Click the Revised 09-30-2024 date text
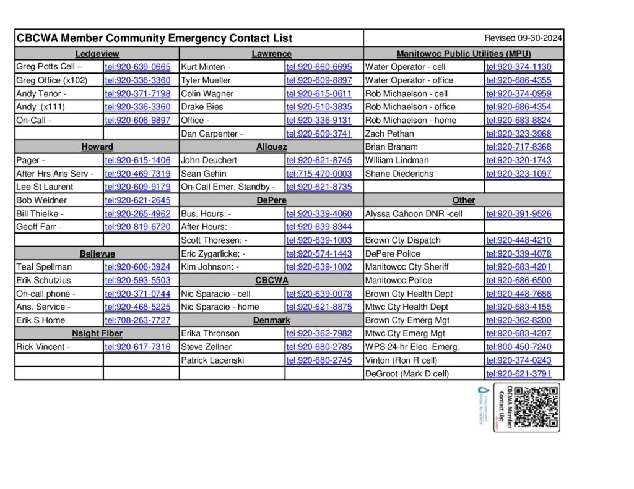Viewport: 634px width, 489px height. (523, 38)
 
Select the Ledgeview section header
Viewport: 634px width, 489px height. (97, 54)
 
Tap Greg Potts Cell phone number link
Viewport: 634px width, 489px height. (137, 67)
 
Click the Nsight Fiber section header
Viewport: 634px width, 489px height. (97, 334)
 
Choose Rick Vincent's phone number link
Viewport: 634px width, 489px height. (137, 347)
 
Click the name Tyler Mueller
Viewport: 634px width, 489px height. (206, 80)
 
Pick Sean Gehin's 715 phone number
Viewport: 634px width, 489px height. (319, 174)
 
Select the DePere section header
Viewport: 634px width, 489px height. (271, 200)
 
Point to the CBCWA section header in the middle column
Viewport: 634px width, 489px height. (271, 280)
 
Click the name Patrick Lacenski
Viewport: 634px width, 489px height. (212, 360)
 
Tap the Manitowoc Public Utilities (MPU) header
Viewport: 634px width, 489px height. (464, 54)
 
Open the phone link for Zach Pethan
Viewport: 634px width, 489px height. (518, 134)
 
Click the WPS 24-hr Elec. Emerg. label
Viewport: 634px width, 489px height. (412, 347)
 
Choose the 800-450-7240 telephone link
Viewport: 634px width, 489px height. (518, 347)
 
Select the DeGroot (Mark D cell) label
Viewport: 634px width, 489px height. (407, 373)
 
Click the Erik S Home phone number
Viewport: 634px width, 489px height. (137, 320)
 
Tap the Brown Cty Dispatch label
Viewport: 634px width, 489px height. (402, 240)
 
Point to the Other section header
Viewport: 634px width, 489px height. (464, 200)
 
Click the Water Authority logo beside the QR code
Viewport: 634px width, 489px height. (483, 406)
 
